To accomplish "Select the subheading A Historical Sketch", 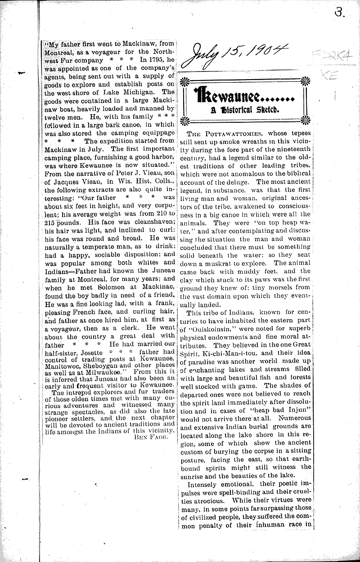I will [242, 109].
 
